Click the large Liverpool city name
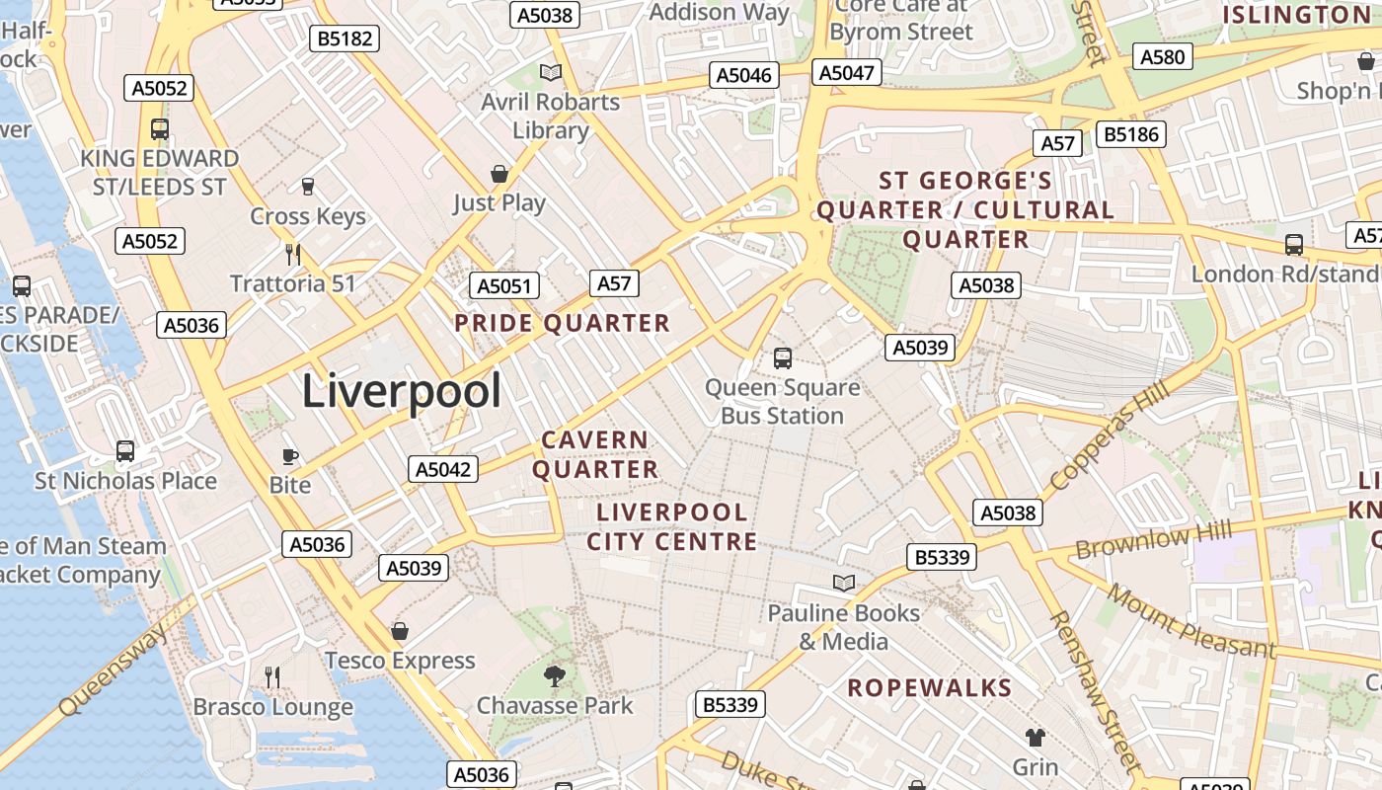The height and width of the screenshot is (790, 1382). click(401, 391)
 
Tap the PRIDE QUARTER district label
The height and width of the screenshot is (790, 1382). click(562, 324)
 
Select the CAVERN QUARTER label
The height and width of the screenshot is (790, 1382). click(595, 454)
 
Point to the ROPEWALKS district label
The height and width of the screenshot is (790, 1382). click(929, 688)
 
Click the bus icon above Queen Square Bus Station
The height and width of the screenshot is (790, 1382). click(783, 357)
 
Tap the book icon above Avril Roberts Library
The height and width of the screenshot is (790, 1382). click(551, 72)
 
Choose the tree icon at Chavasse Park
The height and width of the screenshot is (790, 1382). click(555, 675)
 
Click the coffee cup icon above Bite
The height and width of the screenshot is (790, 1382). click(290, 455)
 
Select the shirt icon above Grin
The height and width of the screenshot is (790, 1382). click(1035, 737)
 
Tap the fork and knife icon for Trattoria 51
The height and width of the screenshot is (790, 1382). click(293, 254)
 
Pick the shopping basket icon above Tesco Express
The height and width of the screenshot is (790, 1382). click(400, 630)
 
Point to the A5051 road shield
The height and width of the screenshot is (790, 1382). click(504, 286)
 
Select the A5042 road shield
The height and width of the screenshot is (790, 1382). click(443, 469)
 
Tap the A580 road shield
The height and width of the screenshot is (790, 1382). click(1162, 57)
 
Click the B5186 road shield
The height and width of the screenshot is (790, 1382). click(1131, 134)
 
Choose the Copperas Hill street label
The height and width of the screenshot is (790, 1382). click(1110, 435)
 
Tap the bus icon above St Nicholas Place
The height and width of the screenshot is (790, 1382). click(125, 451)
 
